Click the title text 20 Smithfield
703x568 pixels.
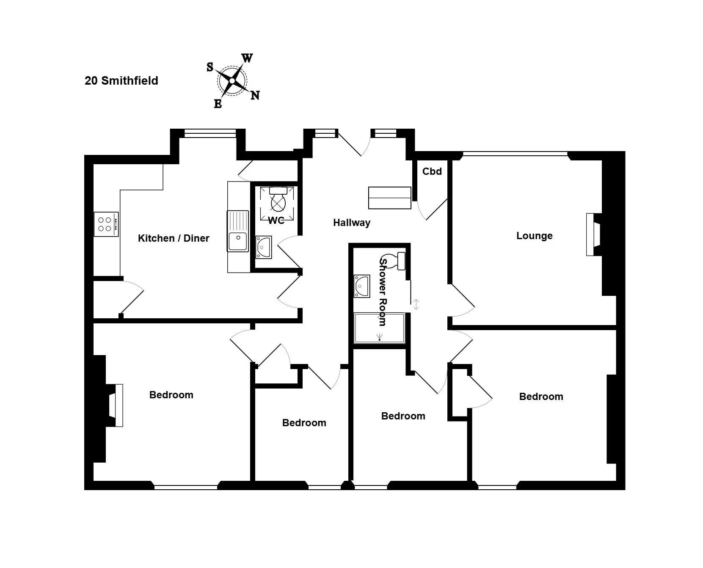pos(121,81)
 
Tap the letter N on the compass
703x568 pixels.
pos(255,95)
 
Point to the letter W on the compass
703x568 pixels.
pos(247,58)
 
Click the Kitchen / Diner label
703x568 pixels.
pos(174,238)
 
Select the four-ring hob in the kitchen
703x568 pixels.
pos(106,224)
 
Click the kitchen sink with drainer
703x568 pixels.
pos(238,231)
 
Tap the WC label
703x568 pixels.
pos(276,221)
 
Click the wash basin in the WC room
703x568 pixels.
pos(264,247)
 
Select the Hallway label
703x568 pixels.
pos(352,223)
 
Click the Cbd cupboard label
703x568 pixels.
pos(432,171)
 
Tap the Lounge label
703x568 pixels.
pos(535,236)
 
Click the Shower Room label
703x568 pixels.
pos(383,292)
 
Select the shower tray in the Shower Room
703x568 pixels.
pos(380,328)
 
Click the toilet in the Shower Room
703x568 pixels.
pos(394,261)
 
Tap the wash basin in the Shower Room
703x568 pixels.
pos(362,286)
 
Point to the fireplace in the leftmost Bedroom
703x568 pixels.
pos(116,405)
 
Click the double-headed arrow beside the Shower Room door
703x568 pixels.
pos(416,304)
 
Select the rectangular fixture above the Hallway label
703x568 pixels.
pos(390,198)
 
